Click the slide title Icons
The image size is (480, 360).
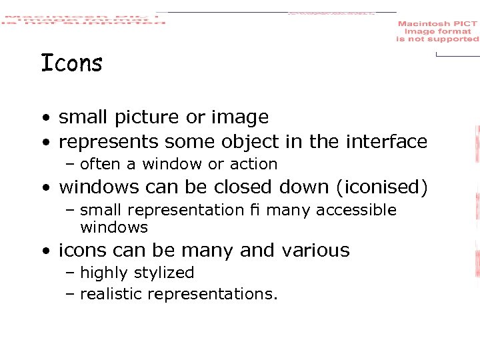coord(71,63)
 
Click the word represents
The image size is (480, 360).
coord(109,142)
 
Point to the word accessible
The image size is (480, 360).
coord(356,211)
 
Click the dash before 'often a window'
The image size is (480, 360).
coord(71,165)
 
